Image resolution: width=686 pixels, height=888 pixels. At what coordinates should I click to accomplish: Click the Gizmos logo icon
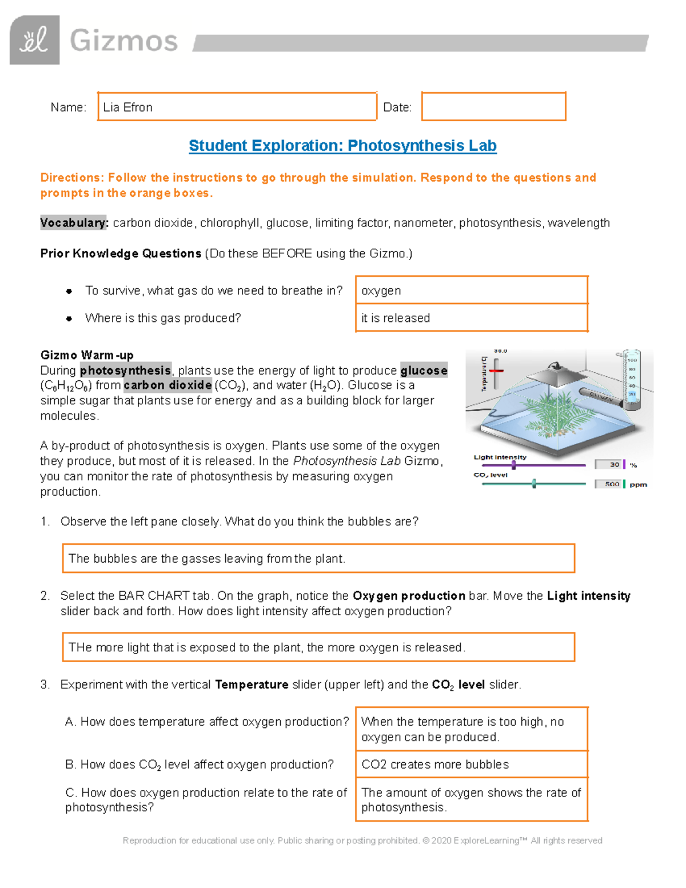point(34,40)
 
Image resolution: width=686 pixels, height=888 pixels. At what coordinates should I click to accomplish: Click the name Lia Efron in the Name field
point(128,107)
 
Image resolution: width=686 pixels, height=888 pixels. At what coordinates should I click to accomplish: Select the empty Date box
point(493,106)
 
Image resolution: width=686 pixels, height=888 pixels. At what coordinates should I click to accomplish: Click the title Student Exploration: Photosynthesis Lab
point(342,146)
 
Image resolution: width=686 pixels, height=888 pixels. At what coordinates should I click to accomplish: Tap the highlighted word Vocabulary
point(74,223)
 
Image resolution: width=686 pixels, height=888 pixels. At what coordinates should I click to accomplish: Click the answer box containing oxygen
point(471,290)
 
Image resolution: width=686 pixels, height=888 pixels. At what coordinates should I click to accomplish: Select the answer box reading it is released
point(471,318)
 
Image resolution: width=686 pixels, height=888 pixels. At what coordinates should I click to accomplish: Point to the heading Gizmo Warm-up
point(87,355)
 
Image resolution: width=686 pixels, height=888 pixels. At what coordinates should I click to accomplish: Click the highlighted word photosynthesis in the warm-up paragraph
point(125,371)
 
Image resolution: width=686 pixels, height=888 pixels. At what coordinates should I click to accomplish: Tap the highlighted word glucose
point(424,371)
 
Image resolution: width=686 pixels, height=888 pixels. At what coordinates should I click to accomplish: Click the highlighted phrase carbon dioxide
point(167,385)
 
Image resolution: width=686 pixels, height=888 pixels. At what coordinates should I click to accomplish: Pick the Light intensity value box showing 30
point(608,465)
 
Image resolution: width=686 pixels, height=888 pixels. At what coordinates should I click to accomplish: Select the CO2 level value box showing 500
point(608,484)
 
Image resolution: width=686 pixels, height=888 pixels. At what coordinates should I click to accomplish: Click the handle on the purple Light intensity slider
point(514,465)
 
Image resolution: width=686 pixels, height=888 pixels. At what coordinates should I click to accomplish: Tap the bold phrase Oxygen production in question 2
point(409,596)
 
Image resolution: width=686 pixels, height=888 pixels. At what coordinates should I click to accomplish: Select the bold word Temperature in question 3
point(252,685)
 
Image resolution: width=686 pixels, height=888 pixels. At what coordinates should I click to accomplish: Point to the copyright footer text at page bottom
point(362,841)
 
